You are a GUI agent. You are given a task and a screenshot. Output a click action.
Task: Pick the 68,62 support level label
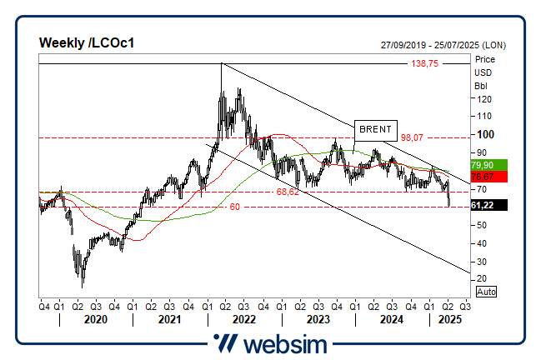click(288, 192)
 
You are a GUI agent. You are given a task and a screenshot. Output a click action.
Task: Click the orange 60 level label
click(235, 206)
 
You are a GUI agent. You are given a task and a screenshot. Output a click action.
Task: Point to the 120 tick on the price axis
click(481, 98)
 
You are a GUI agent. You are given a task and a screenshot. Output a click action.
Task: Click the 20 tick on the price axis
click(481, 278)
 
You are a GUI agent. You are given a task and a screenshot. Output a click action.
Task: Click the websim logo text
click(283, 343)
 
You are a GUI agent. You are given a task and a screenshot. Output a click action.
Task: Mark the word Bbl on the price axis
click(481, 85)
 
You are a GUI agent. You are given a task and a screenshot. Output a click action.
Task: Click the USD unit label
click(483, 72)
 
